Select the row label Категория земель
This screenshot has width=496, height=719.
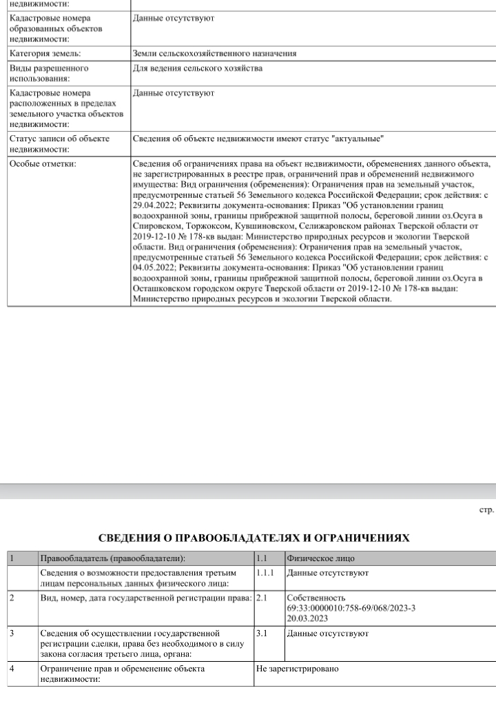(x=45, y=53)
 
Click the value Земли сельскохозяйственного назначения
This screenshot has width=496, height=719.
(x=214, y=53)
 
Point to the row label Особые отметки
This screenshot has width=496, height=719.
(x=43, y=164)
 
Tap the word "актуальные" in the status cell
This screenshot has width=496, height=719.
(x=357, y=139)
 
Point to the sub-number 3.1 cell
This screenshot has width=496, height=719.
(x=262, y=633)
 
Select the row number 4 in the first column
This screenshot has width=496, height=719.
(x=13, y=669)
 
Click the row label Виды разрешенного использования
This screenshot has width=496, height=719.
(x=48, y=73)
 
